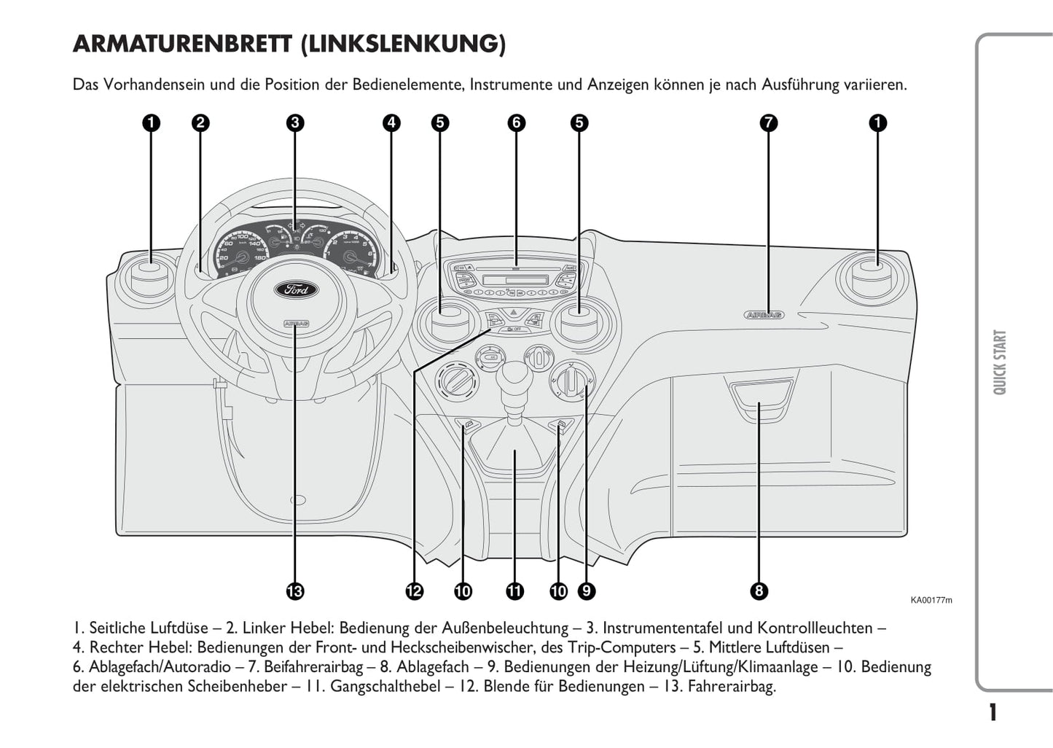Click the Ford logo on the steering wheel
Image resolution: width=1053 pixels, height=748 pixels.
(x=296, y=289)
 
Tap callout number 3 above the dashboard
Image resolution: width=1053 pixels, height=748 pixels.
(x=294, y=122)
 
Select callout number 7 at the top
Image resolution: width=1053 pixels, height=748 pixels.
(x=768, y=122)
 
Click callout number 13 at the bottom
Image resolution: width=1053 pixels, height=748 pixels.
(x=294, y=591)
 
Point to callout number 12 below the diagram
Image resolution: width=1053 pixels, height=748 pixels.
(x=414, y=591)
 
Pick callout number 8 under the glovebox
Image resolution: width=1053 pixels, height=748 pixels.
(x=759, y=591)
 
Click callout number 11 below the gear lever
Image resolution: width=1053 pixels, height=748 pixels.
(x=514, y=591)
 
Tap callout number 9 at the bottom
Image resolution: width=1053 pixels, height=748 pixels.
(x=585, y=591)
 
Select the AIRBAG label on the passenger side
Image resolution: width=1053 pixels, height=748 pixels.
(x=764, y=315)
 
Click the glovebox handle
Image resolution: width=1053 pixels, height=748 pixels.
(x=759, y=394)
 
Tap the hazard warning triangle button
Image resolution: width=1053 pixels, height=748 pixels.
(x=514, y=313)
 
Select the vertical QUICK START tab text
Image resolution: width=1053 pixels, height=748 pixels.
(x=1000, y=362)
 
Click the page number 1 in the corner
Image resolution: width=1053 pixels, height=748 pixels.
(x=993, y=712)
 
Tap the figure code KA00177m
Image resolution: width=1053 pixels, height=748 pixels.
(x=931, y=601)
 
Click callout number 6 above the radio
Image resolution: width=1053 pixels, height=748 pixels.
(x=516, y=122)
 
